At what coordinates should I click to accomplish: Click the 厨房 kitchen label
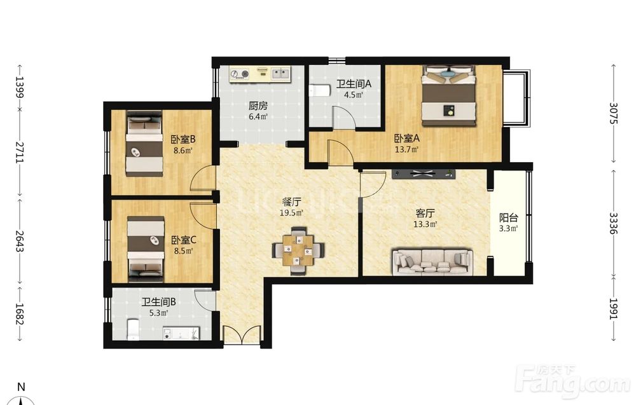click(258, 106)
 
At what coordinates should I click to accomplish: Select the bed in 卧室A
click(448, 95)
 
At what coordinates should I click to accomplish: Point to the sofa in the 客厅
click(432, 263)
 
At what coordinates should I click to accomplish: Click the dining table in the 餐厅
click(298, 251)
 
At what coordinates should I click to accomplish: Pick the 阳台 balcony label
click(509, 217)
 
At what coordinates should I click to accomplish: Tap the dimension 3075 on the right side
click(614, 114)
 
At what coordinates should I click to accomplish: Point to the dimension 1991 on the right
click(614, 309)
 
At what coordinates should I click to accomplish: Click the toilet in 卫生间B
click(133, 329)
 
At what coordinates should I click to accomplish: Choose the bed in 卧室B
click(144, 144)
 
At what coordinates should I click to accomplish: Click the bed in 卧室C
click(146, 249)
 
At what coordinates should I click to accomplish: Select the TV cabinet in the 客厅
click(424, 174)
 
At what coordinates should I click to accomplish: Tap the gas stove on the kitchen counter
click(240, 74)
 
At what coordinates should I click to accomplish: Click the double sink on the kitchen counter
click(280, 73)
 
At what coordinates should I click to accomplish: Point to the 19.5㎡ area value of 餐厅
click(291, 213)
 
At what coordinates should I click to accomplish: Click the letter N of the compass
click(21, 387)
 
